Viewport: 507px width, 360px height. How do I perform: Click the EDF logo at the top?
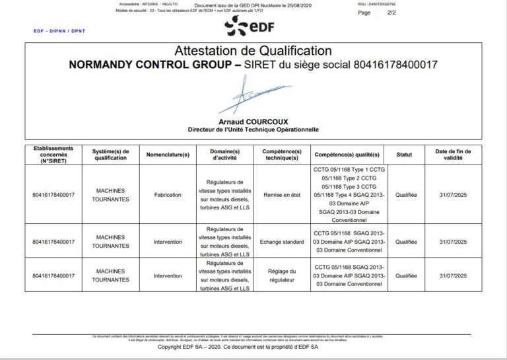point(249,26)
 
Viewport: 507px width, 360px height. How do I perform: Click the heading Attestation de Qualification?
point(253,51)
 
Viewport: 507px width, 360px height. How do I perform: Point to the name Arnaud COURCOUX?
point(253,122)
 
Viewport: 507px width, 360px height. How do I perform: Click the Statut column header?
point(404,155)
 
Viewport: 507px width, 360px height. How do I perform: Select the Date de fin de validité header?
point(453,155)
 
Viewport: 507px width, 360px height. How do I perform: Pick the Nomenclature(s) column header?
point(168,155)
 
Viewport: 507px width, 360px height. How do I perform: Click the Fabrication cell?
point(168,195)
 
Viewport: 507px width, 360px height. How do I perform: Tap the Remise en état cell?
point(281,195)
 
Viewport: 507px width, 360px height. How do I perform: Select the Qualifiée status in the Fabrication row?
point(406,195)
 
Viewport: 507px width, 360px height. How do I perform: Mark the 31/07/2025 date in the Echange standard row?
point(453,242)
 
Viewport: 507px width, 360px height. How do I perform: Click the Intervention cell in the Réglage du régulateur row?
point(168,275)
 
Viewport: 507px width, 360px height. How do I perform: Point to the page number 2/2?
point(391,13)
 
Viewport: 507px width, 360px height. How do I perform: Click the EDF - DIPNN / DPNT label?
point(59,31)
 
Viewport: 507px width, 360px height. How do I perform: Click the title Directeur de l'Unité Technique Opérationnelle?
point(253,129)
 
